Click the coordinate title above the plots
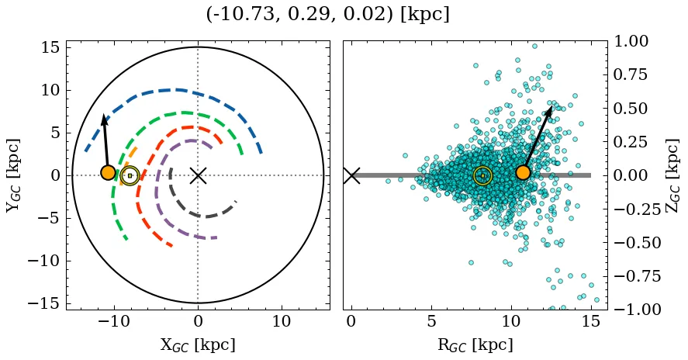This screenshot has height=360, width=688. (x=327, y=14)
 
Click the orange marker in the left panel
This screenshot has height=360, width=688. (x=108, y=172)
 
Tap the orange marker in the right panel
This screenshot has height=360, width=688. (x=523, y=172)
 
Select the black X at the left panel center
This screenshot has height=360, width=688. (x=198, y=175)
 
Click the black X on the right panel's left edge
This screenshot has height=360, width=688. (x=351, y=175)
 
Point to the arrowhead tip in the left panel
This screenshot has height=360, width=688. (x=103, y=115)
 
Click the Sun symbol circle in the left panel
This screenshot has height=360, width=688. (x=130, y=175)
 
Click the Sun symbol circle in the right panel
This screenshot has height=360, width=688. (x=482, y=175)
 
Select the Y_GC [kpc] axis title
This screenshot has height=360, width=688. (x=13, y=175)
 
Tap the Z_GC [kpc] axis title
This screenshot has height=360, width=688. (x=672, y=175)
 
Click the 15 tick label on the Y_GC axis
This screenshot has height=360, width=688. (x=50, y=47)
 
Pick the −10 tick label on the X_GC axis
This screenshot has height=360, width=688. (x=114, y=322)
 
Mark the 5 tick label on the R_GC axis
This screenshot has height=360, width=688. (x=431, y=322)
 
